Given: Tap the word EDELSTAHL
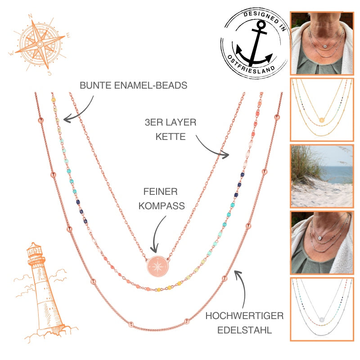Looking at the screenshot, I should (244, 330).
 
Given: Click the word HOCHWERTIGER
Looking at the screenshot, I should (244, 316).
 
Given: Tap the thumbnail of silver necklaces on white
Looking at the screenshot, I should (321, 309).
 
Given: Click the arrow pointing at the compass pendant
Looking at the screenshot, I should (156, 234).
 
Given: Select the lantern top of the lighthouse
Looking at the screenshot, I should (33, 252).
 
